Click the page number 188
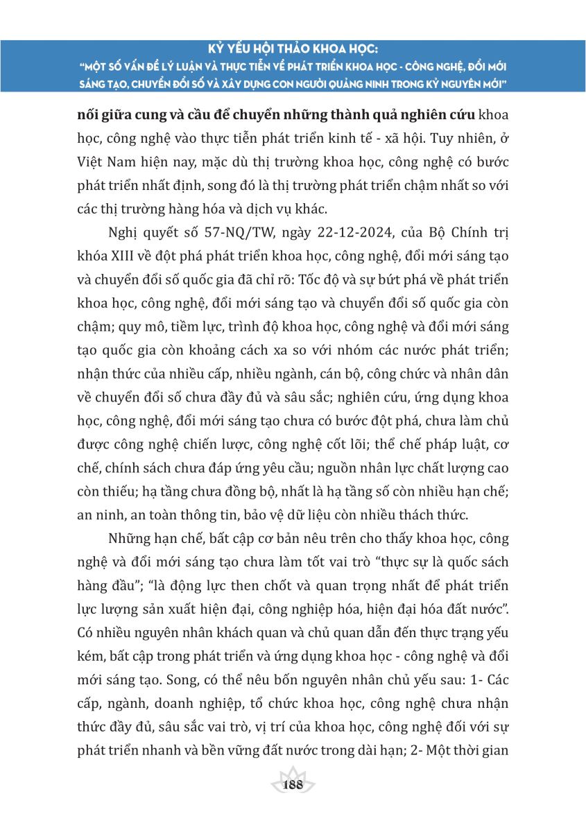click(x=293, y=786)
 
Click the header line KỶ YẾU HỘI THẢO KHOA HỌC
click(x=293, y=51)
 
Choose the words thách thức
click(x=437, y=514)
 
